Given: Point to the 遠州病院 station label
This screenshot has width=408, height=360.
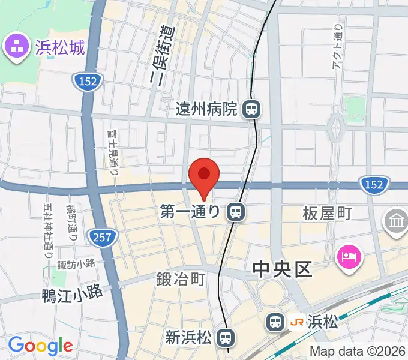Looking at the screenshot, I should point(206,109).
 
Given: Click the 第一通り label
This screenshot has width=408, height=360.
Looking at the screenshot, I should point(191,211).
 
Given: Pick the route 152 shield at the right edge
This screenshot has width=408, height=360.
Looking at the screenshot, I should point(373,185).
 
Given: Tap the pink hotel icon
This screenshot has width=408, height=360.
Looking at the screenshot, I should point(349,259).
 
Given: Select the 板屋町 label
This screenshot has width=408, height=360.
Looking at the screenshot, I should point(326,212).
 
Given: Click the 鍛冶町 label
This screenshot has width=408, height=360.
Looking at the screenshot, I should point(181,279).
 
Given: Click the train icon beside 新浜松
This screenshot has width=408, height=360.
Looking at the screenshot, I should point(226,337).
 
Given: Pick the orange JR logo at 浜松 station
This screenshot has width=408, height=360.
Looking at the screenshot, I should point(296,322).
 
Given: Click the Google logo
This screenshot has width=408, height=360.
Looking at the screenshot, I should point(40,346).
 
